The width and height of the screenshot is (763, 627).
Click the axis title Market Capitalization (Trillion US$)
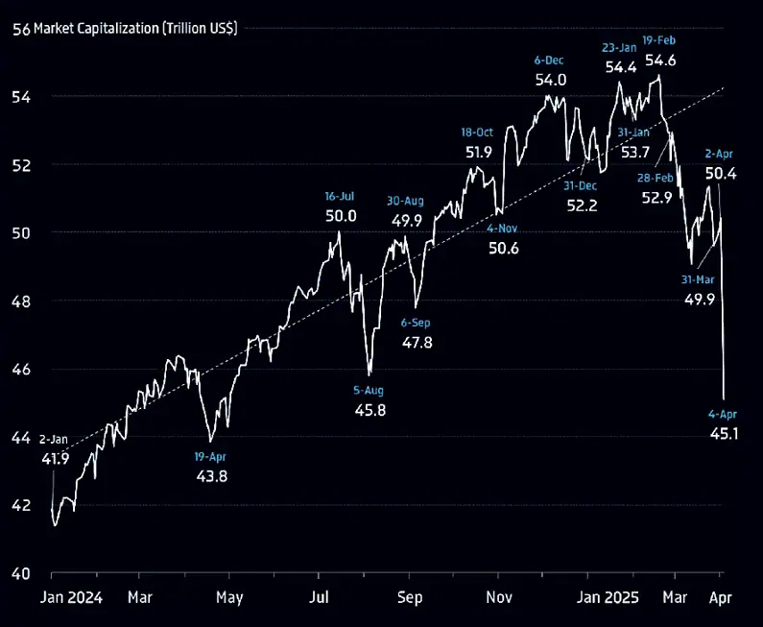pyautogui.click(x=135, y=28)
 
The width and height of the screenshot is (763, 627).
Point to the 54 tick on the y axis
pyautogui.click(x=21, y=97)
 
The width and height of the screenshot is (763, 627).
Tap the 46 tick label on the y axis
pyautogui.click(x=21, y=370)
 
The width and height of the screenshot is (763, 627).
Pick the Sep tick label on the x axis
pyautogui.click(x=410, y=596)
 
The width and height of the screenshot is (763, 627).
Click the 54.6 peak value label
pyautogui.click(x=659, y=60)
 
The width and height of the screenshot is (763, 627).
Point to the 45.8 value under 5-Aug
pyautogui.click(x=370, y=410)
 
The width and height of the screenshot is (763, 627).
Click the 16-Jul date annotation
pyautogui.click(x=341, y=196)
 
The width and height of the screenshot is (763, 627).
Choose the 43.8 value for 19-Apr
pyautogui.click(x=210, y=475)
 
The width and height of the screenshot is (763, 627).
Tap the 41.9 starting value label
pyautogui.click(x=56, y=459)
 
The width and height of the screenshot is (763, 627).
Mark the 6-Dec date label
pyautogui.click(x=550, y=60)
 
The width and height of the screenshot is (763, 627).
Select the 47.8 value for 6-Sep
pyautogui.click(x=417, y=342)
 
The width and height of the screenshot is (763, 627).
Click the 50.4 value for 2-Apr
pyautogui.click(x=721, y=174)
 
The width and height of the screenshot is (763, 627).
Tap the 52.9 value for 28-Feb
pyautogui.click(x=657, y=198)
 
